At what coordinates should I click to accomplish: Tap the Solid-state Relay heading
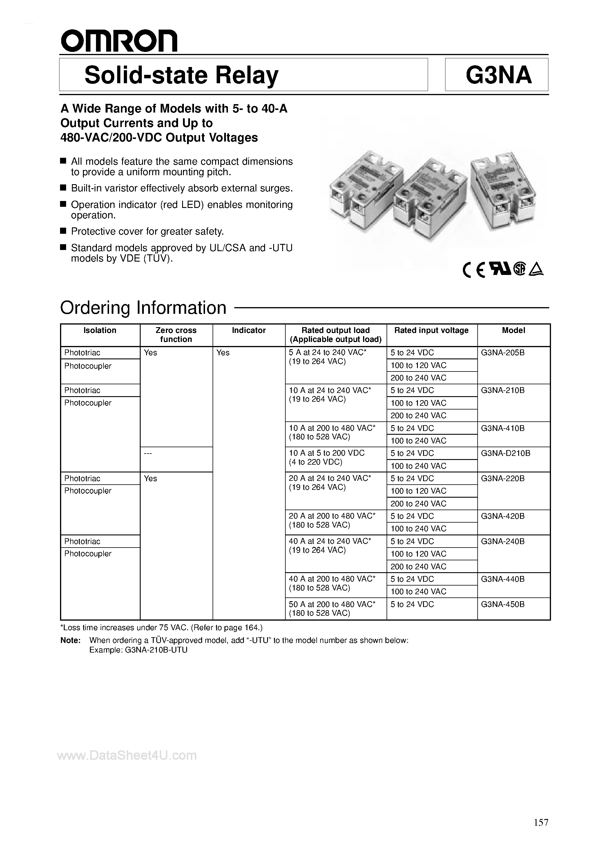(x=181, y=75)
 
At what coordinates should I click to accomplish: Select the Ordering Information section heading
(x=143, y=308)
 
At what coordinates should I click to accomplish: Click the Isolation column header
(x=100, y=330)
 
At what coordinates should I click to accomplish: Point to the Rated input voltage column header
(x=431, y=330)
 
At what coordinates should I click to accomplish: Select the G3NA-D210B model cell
(x=505, y=453)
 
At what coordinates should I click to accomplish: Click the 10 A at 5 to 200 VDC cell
(x=327, y=457)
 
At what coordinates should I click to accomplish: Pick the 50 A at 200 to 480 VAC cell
(x=332, y=608)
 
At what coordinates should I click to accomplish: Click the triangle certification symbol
(x=536, y=271)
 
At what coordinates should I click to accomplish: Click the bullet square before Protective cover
(x=63, y=231)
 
